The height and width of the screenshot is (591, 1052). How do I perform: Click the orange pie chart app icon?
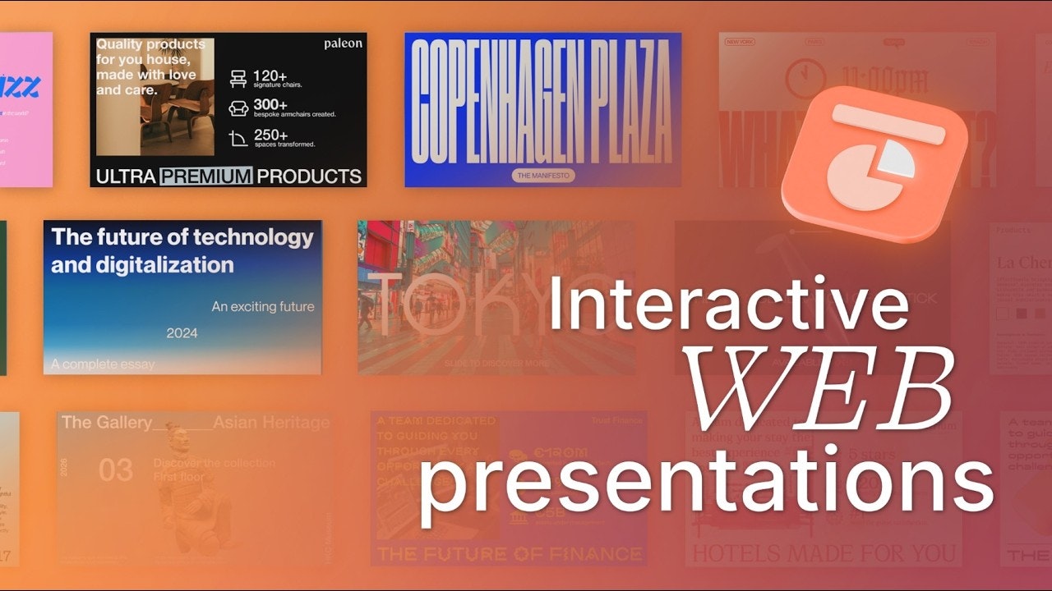874,164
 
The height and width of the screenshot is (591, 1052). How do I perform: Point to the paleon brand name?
343,44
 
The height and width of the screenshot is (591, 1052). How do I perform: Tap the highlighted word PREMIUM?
206,176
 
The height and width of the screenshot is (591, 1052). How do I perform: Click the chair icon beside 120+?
238,78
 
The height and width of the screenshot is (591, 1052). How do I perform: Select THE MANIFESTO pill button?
543,175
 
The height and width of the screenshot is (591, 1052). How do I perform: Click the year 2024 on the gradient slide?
182,333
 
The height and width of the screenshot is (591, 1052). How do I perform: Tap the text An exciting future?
263,307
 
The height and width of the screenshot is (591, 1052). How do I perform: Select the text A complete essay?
103,364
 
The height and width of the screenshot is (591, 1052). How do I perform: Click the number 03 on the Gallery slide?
116,470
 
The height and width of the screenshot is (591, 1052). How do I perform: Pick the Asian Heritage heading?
271,423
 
